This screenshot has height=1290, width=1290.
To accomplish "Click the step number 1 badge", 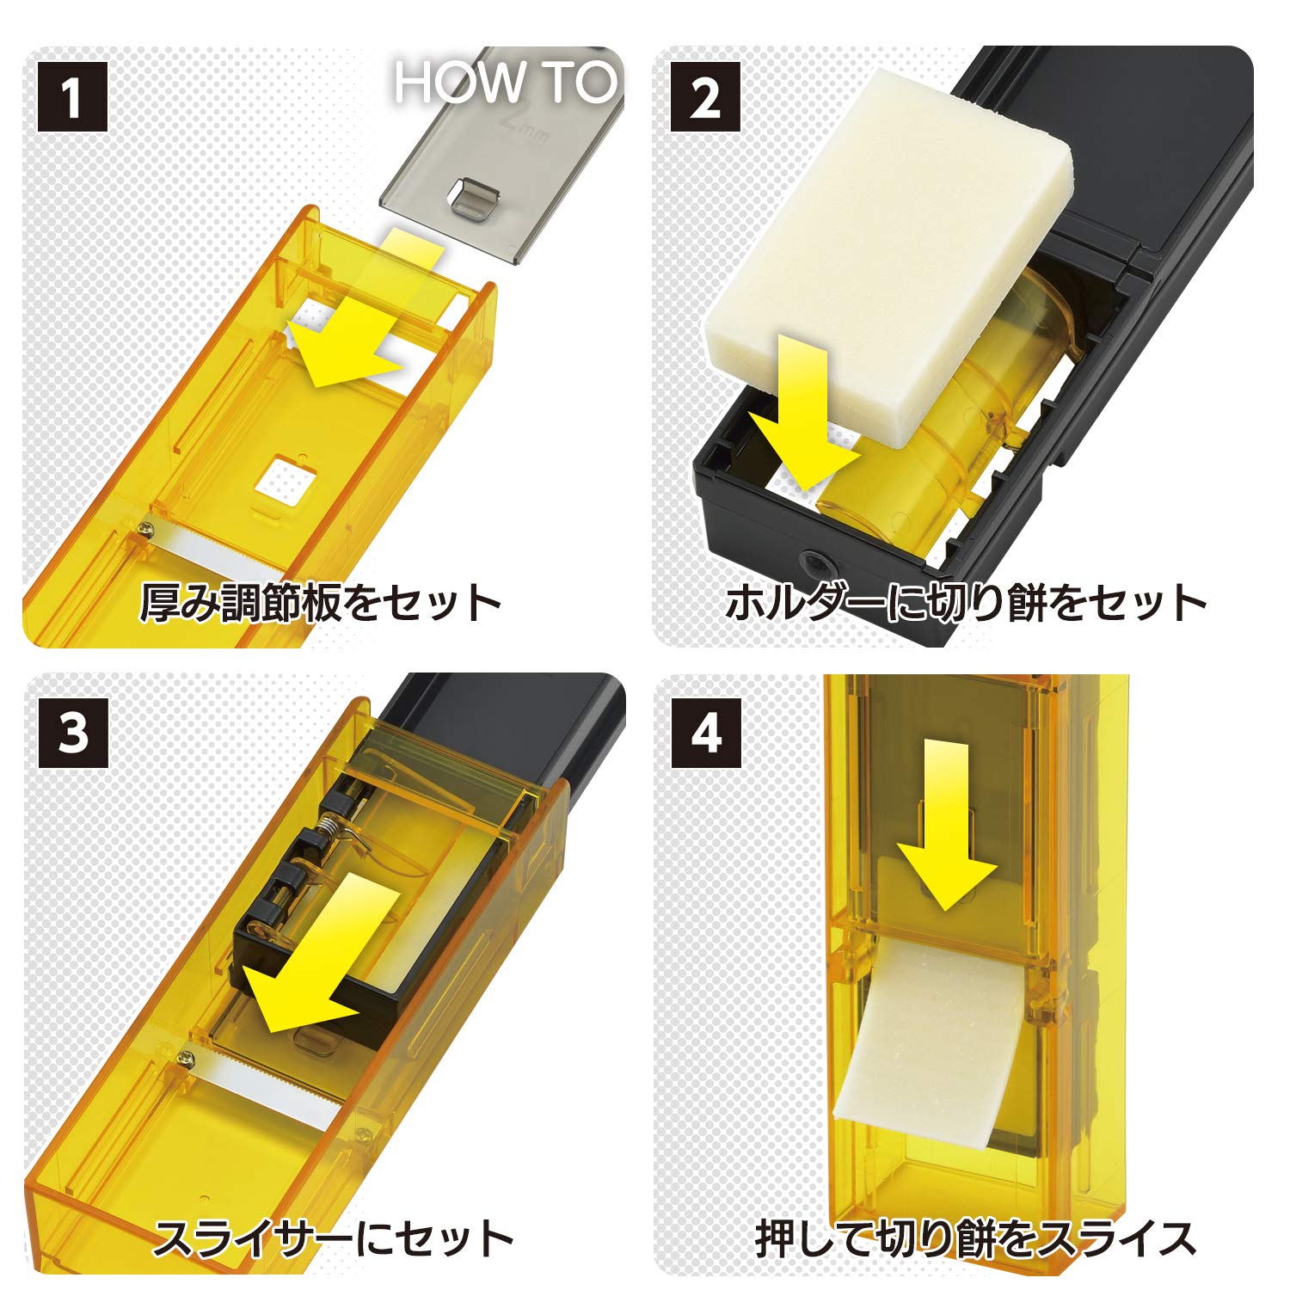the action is pos(72,96).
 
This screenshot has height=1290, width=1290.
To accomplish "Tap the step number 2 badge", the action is pos(705,96).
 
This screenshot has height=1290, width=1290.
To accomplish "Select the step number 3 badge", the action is pos(73,733).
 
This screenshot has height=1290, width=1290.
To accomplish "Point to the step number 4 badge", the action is pos(706,733).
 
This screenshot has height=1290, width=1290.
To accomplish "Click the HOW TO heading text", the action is pos(506,83).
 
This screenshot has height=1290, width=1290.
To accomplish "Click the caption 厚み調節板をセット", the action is pos(320,603).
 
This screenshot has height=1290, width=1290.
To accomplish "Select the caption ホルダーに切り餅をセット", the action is pos(966,603).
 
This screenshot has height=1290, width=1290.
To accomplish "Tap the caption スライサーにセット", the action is pos(333,1238).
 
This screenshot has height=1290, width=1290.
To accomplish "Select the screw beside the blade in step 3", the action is pos(183,1056).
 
